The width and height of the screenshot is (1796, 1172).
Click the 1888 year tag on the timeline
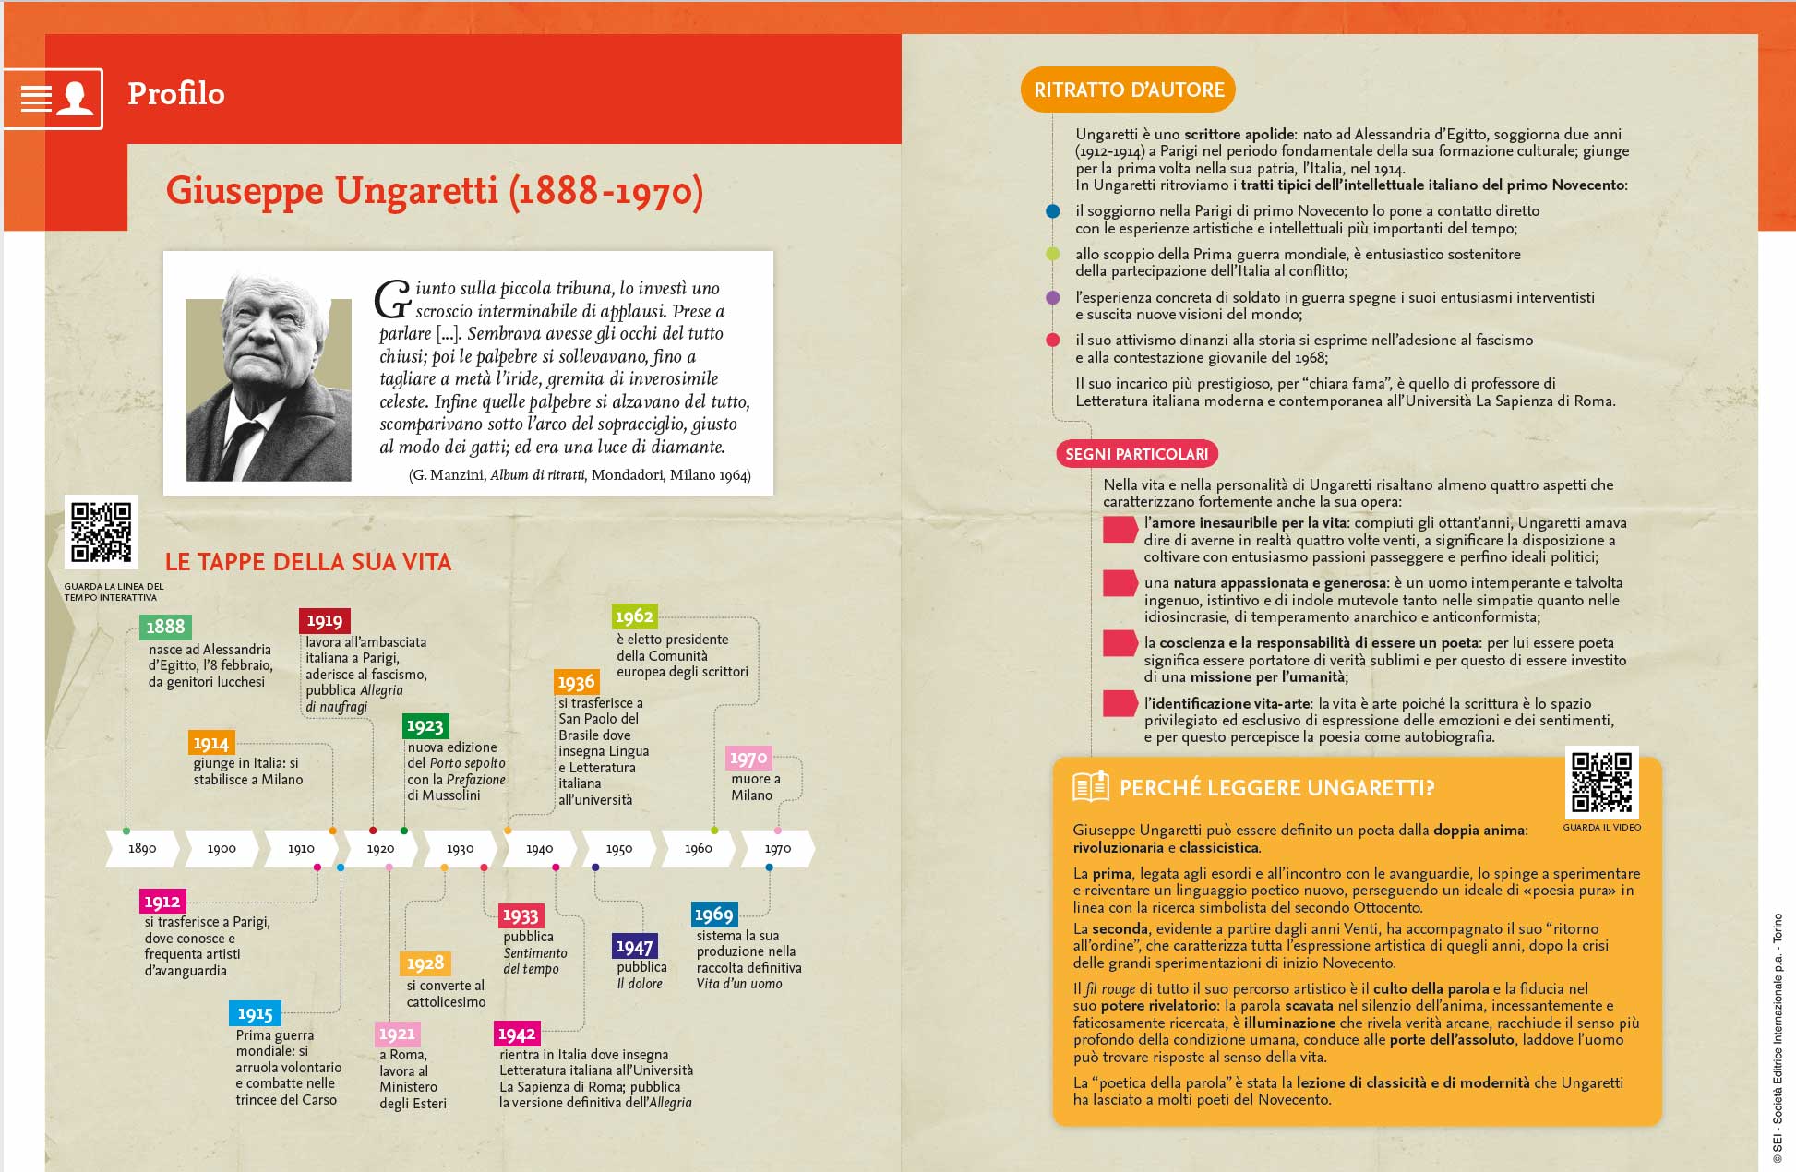click(165, 627)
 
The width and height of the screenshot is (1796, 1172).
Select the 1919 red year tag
click(324, 621)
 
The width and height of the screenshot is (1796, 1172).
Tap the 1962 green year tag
click(634, 616)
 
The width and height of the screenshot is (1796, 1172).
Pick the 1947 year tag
click(634, 947)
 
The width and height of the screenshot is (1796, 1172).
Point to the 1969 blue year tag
click(713, 915)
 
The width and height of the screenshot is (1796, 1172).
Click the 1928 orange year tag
click(425, 963)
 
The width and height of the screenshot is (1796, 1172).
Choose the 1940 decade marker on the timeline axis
click(540, 849)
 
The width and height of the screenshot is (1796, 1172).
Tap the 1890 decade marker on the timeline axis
click(142, 849)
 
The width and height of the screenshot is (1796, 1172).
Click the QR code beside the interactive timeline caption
click(102, 532)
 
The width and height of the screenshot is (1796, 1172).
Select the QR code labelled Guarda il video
click(1601, 783)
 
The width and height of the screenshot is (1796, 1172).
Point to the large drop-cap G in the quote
click(392, 299)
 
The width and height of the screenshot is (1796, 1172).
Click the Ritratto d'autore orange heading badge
click(1128, 90)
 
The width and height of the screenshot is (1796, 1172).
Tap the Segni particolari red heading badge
click(1136, 454)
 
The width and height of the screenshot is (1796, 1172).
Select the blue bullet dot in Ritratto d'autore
click(1052, 211)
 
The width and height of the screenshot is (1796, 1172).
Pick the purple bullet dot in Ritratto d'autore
click(1052, 298)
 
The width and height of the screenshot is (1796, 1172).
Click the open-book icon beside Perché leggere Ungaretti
click(1090, 787)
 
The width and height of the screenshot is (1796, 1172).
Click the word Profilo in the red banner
click(175, 94)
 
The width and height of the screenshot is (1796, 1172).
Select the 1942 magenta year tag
click(517, 1034)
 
